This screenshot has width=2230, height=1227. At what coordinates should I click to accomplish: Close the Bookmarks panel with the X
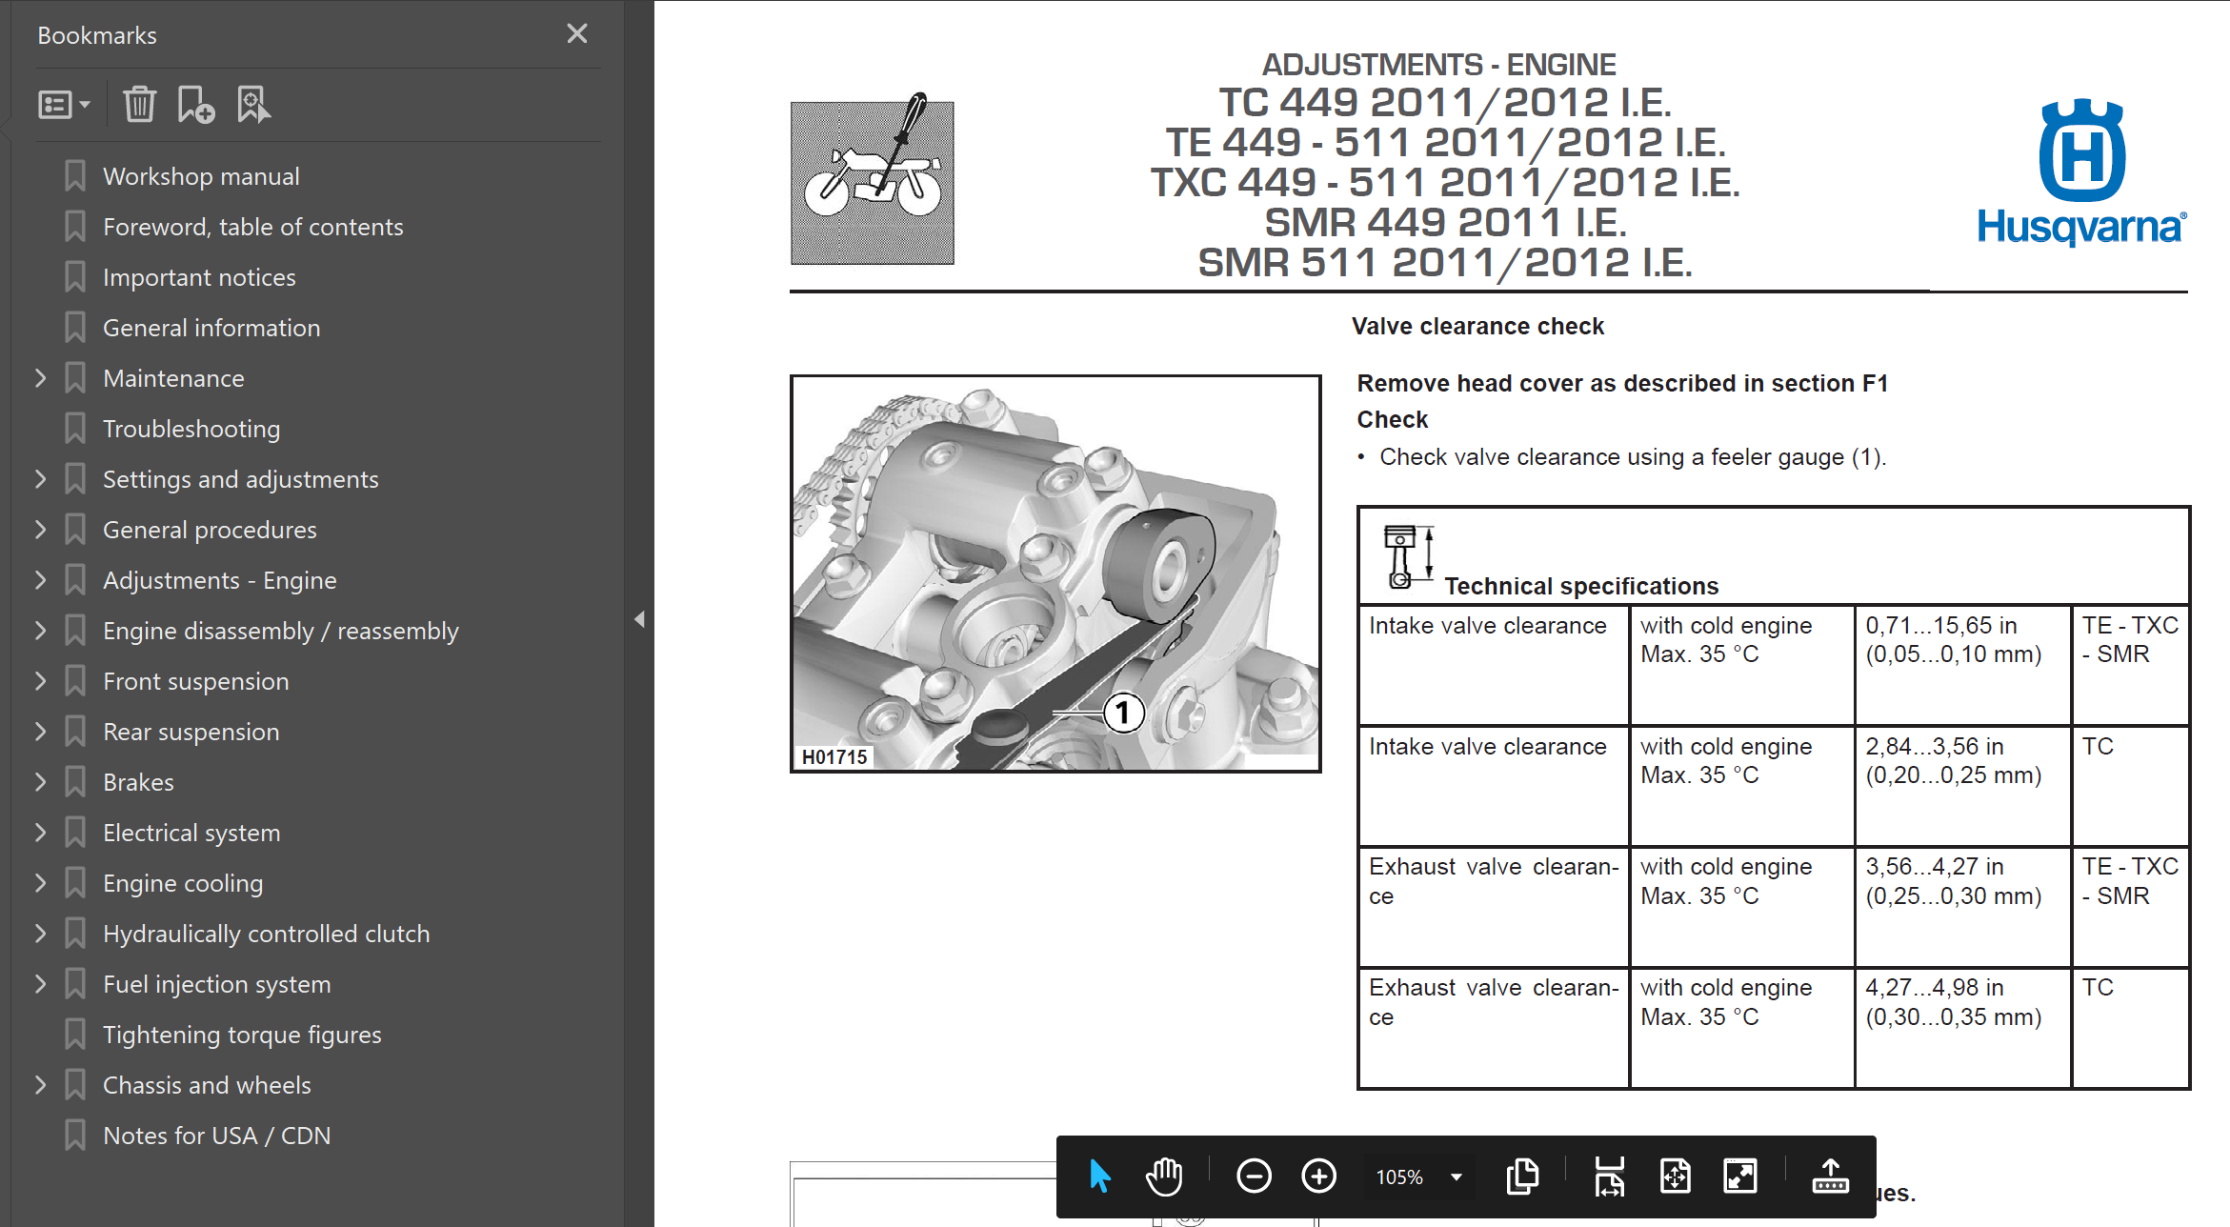(576, 34)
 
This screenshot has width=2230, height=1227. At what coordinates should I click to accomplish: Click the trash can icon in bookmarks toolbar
(139, 104)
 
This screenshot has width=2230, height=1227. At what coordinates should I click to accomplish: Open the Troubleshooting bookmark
(191, 429)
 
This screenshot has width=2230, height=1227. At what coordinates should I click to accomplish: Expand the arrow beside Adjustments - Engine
(40, 580)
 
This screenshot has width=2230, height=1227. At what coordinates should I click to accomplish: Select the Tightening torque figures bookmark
(242, 1035)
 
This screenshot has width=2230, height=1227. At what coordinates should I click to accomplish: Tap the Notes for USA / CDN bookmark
(216, 1136)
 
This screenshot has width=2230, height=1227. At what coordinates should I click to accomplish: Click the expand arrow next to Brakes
(40, 782)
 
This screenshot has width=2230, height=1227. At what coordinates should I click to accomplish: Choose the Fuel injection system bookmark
(217, 984)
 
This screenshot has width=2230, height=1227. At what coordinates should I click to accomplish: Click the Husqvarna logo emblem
(2081, 151)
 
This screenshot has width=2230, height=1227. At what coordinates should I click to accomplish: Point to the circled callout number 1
(1123, 713)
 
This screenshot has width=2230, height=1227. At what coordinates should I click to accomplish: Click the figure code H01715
(834, 757)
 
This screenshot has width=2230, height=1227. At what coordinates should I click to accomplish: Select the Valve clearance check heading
(1477, 327)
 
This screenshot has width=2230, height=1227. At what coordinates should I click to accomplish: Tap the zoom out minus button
(1254, 1177)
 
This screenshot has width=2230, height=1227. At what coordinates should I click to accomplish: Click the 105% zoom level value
(1399, 1177)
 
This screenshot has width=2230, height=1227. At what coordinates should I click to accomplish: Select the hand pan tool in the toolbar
(1164, 1177)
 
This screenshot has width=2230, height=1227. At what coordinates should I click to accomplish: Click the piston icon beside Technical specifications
(1408, 556)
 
